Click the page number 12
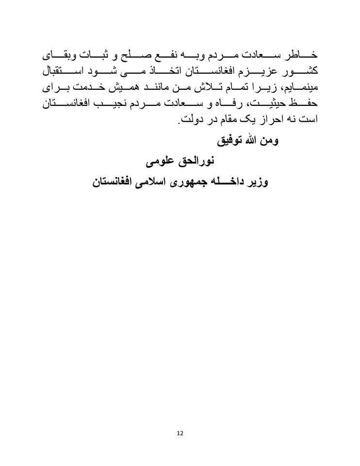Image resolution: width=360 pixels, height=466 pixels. tap(180, 433)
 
